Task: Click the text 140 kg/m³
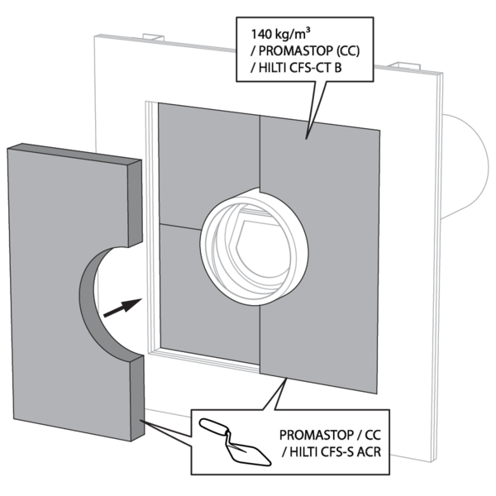(280, 34)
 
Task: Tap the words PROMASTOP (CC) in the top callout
(309, 51)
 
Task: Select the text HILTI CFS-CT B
(300, 68)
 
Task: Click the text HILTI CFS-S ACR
(336, 452)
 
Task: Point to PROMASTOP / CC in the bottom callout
(330, 436)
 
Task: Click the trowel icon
(235, 442)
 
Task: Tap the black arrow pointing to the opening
(122, 308)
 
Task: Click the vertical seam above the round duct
(260, 152)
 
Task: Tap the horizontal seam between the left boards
(180, 227)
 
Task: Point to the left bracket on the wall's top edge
(154, 37)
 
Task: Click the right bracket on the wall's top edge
(404, 65)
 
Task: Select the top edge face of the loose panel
(74, 154)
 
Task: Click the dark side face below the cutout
(137, 398)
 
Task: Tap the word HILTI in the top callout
(273, 68)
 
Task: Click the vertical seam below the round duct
(260, 338)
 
